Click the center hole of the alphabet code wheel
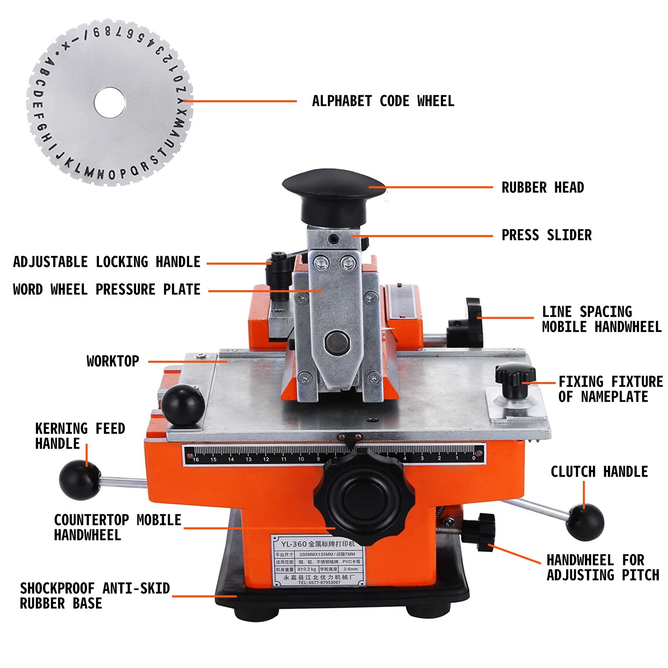[110, 102]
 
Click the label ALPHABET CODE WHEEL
[383, 101]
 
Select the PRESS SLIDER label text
[546, 235]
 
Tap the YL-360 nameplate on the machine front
[318, 562]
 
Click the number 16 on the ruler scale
[195, 459]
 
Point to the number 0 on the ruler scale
[474, 458]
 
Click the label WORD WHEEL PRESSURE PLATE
[106, 289]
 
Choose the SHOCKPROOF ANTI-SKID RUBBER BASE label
[95, 596]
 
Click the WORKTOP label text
[113, 361]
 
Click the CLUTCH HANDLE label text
[599, 472]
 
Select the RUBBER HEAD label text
[542, 187]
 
